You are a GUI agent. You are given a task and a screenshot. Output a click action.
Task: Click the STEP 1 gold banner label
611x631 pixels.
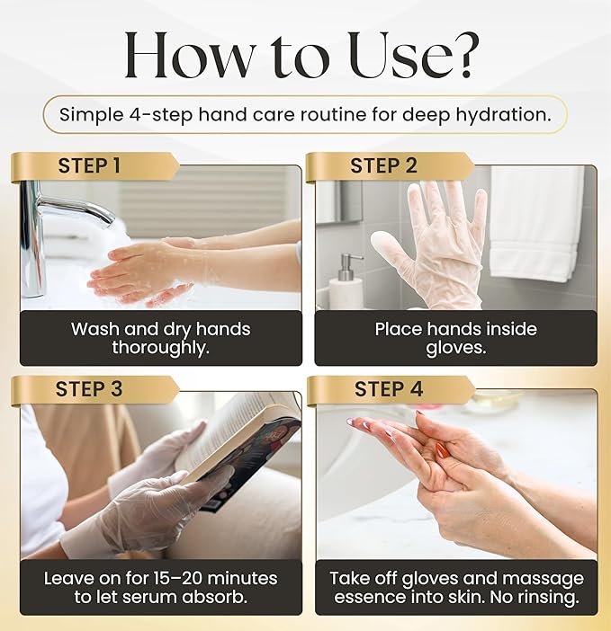pos(89,166)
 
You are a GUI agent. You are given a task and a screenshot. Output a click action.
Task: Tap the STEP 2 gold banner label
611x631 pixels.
pos(383,166)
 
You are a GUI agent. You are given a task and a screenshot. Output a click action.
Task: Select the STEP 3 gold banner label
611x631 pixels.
pos(89,389)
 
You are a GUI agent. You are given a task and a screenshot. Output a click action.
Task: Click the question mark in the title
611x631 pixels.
pos(465,57)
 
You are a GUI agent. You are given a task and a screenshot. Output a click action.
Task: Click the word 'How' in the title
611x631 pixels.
pos(186,57)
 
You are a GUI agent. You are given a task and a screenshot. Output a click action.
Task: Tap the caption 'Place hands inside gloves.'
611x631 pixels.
pos(454,338)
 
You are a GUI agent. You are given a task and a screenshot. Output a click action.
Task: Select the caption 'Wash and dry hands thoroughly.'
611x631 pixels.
pos(160,338)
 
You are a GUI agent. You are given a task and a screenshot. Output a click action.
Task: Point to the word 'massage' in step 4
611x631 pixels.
pos(539,578)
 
